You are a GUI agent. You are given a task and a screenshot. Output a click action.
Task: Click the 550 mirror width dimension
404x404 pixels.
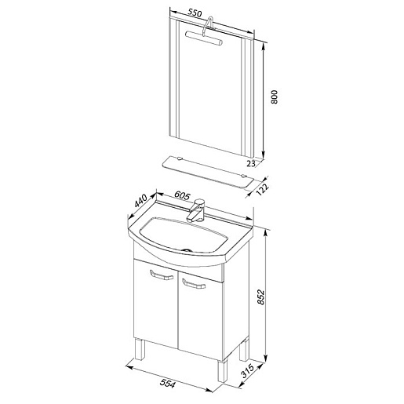[x=195, y=13]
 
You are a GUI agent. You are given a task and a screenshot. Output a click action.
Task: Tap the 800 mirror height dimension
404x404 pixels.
[x=274, y=97]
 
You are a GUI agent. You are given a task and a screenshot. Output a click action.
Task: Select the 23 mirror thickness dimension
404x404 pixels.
[x=251, y=163]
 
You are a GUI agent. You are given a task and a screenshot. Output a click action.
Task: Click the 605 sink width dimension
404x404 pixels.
[x=182, y=195]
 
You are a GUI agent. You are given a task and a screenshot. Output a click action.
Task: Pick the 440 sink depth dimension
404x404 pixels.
[x=141, y=201]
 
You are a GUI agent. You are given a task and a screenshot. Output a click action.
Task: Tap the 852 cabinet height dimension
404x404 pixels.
[x=261, y=297]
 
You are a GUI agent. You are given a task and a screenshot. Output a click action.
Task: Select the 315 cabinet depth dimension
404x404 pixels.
[x=247, y=371]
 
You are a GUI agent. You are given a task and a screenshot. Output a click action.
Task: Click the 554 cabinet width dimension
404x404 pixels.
[x=167, y=384]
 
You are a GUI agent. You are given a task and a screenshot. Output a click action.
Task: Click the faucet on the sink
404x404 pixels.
[x=197, y=210]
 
